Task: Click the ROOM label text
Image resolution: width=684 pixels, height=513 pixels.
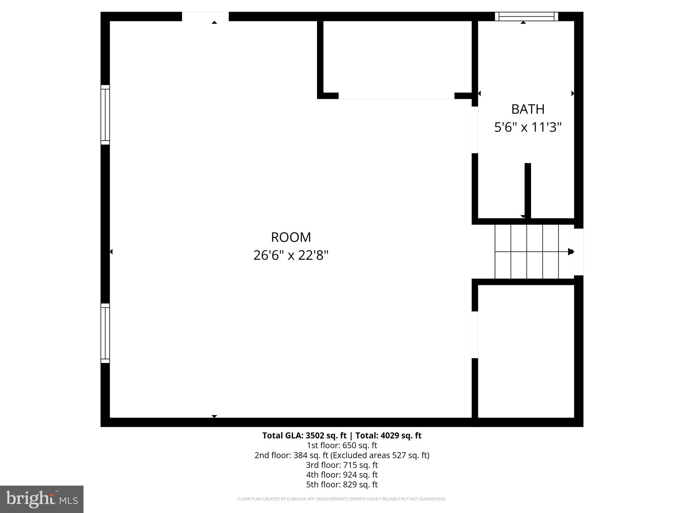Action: click(x=291, y=237)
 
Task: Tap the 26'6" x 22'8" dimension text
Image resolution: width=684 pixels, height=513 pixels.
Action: click(x=291, y=255)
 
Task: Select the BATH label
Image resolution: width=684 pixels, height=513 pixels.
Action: click(x=528, y=109)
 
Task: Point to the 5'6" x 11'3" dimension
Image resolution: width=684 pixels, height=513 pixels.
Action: click(x=528, y=127)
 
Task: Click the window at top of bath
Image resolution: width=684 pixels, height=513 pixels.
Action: click(x=526, y=16)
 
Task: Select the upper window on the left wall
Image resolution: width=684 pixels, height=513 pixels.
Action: click(x=105, y=115)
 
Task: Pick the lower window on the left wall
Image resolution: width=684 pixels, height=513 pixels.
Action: click(x=105, y=333)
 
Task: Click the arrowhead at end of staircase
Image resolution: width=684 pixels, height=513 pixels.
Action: click(x=571, y=251)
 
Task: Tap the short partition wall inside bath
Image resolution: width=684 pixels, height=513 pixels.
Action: click(x=528, y=190)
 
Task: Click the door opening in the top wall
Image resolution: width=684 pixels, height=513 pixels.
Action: click(x=205, y=16)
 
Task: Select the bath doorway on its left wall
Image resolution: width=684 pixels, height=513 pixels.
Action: click(x=475, y=130)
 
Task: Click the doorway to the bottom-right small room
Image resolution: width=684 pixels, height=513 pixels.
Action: click(x=475, y=334)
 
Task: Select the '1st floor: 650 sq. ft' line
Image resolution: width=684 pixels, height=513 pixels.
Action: click(x=342, y=445)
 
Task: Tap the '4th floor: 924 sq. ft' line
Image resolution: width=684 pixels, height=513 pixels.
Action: click(x=342, y=475)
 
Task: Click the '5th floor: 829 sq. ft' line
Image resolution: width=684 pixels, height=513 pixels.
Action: click(x=342, y=484)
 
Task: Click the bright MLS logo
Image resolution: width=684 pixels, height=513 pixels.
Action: click(x=42, y=499)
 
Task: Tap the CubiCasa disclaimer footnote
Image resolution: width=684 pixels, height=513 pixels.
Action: click(x=342, y=499)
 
